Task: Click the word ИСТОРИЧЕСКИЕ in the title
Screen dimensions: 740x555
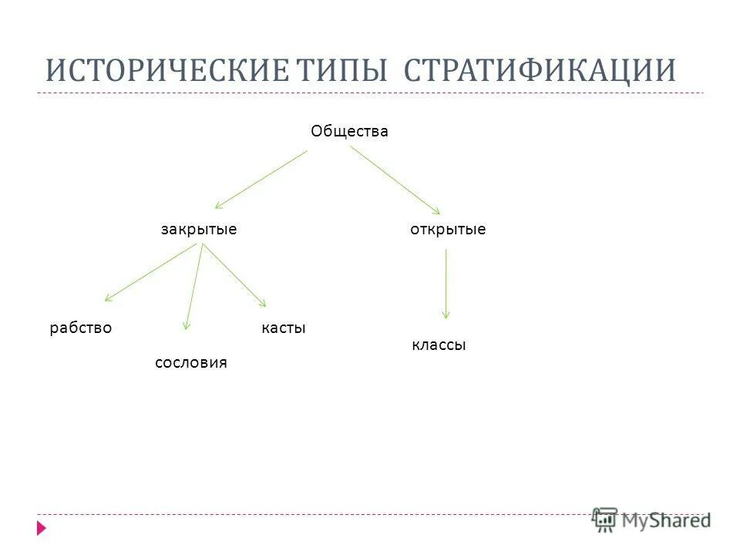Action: [x=165, y=70]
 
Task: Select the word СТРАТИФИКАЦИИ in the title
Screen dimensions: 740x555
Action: [x=540, y=70]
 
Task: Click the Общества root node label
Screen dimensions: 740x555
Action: [x=349, y=132]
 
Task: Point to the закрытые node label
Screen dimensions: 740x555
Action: [x=199, y=230]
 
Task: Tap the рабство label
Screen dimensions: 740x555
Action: [x=81, y=328]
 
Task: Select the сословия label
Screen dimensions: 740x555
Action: [x=191, y=362]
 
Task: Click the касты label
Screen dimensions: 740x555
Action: [x=284, y=328]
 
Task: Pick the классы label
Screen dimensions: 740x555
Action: [x=439, y=345]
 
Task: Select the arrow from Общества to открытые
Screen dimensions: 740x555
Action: [x=395, y=180]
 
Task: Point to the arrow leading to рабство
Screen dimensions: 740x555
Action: [x=153, y=273]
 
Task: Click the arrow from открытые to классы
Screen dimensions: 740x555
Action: [x=446, y=283]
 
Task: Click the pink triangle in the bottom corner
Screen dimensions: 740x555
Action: [x=41, y=529]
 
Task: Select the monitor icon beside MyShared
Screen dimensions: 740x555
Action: [x=605, y=520]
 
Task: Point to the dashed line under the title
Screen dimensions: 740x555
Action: [x=370, y=93]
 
